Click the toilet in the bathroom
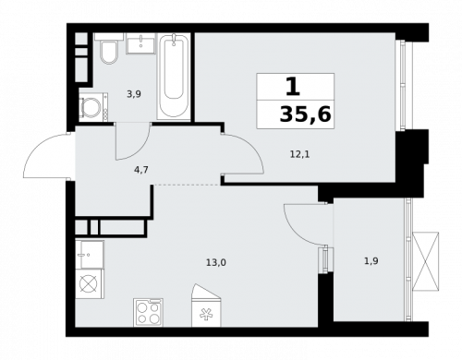[x=108, y=52]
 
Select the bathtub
[x=173, y=76]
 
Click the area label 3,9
[x=133, y=94]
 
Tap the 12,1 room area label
[x=299, y=153]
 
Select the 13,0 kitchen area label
[x=215, y=262]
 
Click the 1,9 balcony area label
[x=371, y=261]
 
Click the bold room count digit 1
[x=292, y=87]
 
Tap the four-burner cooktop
[x=148, y=312]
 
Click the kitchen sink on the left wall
[x=91, y=254]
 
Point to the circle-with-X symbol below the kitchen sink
[x=90, y=283]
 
